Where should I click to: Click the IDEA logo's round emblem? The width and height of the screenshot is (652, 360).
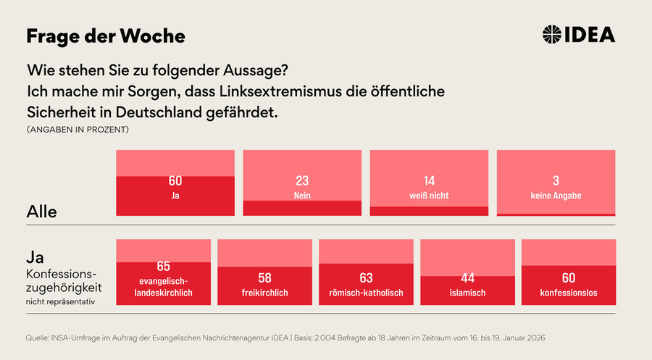(552, 34)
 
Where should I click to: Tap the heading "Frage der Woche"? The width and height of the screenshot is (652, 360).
(106, 36)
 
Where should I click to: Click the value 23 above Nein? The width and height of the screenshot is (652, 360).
(302, 181)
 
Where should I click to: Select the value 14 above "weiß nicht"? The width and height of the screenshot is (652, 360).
(429, 181)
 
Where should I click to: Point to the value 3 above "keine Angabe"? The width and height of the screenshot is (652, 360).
(556, 181)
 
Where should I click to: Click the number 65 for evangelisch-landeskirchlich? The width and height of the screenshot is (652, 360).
(164, 266)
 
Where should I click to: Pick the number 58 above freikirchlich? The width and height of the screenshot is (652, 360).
(264, 277)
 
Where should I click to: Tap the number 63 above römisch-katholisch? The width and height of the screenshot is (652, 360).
(366, 277)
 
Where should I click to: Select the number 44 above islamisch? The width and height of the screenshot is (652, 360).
(467, 277)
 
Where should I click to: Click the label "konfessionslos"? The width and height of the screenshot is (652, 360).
(569, 293)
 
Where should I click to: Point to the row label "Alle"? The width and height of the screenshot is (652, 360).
(41, 212)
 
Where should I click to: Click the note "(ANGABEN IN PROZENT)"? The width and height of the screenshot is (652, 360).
(78, 130)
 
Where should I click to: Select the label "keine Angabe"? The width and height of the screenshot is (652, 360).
(556, 196)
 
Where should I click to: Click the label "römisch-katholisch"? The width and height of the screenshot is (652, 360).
(366, 293)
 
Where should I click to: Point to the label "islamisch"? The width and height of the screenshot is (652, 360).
(467, 293)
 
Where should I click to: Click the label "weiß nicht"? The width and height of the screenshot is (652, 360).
(429, 196)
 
